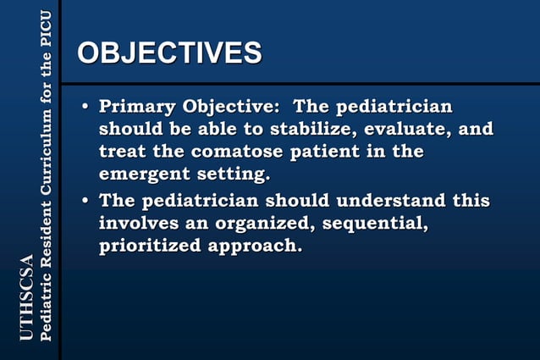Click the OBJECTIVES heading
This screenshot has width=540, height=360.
169,53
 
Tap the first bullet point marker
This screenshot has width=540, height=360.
85,108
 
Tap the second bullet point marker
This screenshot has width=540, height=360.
85,202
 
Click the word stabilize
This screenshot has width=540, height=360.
307,130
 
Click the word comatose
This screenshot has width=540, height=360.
240,153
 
